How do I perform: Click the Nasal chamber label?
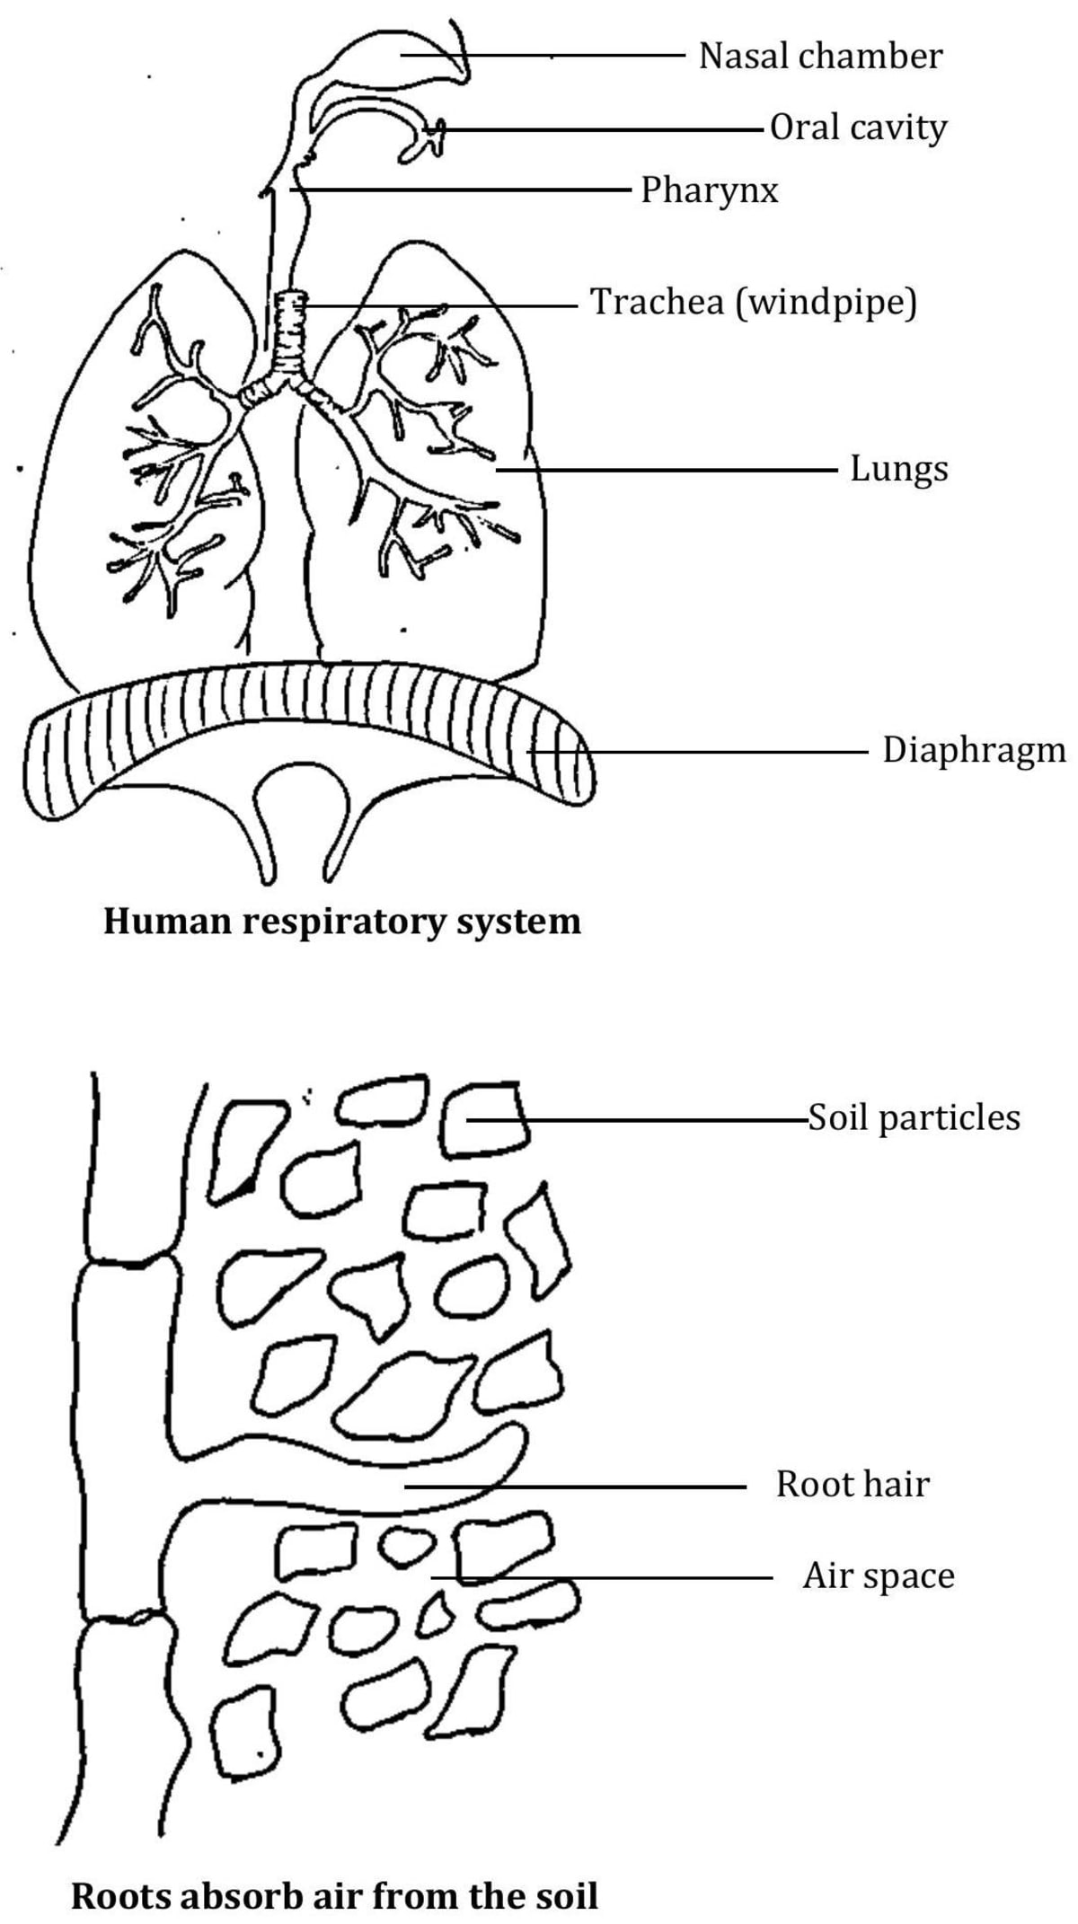820,56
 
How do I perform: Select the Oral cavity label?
858,128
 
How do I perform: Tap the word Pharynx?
709,190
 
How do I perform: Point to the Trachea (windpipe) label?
753,302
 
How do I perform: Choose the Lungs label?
898,469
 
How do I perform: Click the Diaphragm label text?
974,750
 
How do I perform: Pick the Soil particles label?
914,1117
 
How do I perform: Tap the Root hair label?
852,1484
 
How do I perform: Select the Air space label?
878,1575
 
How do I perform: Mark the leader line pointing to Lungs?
665,469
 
